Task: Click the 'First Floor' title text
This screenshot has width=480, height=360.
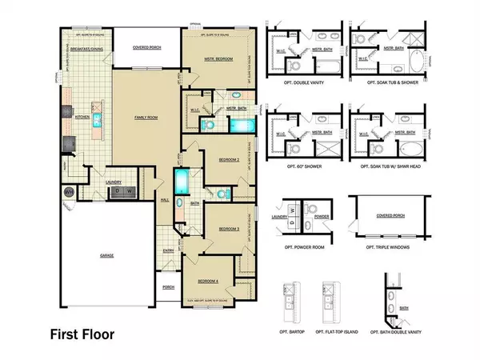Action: click(x=86, y=333)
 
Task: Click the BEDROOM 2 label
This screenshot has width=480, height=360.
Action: click(x=230, y=160)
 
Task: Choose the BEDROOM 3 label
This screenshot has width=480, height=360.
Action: click(x=230, y=228)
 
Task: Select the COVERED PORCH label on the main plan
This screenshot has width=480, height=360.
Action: click(x=146, y=47)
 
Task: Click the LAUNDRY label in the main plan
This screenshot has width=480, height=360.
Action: click(x=114, y=182)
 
